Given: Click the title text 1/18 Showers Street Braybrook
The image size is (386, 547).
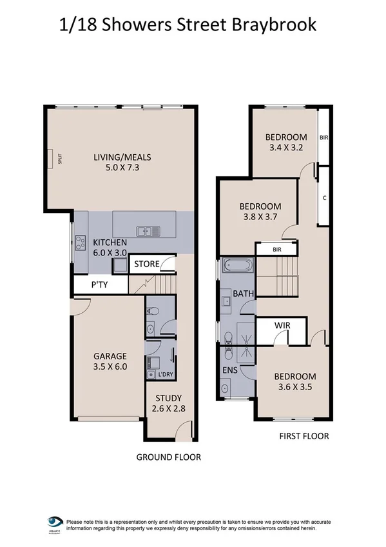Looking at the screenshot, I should [188, 25].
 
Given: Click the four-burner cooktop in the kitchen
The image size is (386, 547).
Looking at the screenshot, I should [81, 243].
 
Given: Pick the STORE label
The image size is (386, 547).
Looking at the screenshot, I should [147, 264].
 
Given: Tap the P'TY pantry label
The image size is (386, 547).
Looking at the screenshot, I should [99, 284].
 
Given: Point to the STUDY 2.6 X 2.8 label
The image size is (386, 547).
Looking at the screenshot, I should [168, 403].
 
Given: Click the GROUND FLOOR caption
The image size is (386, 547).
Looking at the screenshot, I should [168, 457].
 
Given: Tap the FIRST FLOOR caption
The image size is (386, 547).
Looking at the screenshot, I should [304, 436].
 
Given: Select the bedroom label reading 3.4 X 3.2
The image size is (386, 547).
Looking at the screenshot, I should [286, 142].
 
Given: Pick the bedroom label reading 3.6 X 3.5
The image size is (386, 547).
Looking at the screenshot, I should [295, 383].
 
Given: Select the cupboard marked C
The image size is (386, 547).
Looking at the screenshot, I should [324, 196].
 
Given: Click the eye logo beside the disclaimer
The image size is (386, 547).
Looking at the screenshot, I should [55, 522].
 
